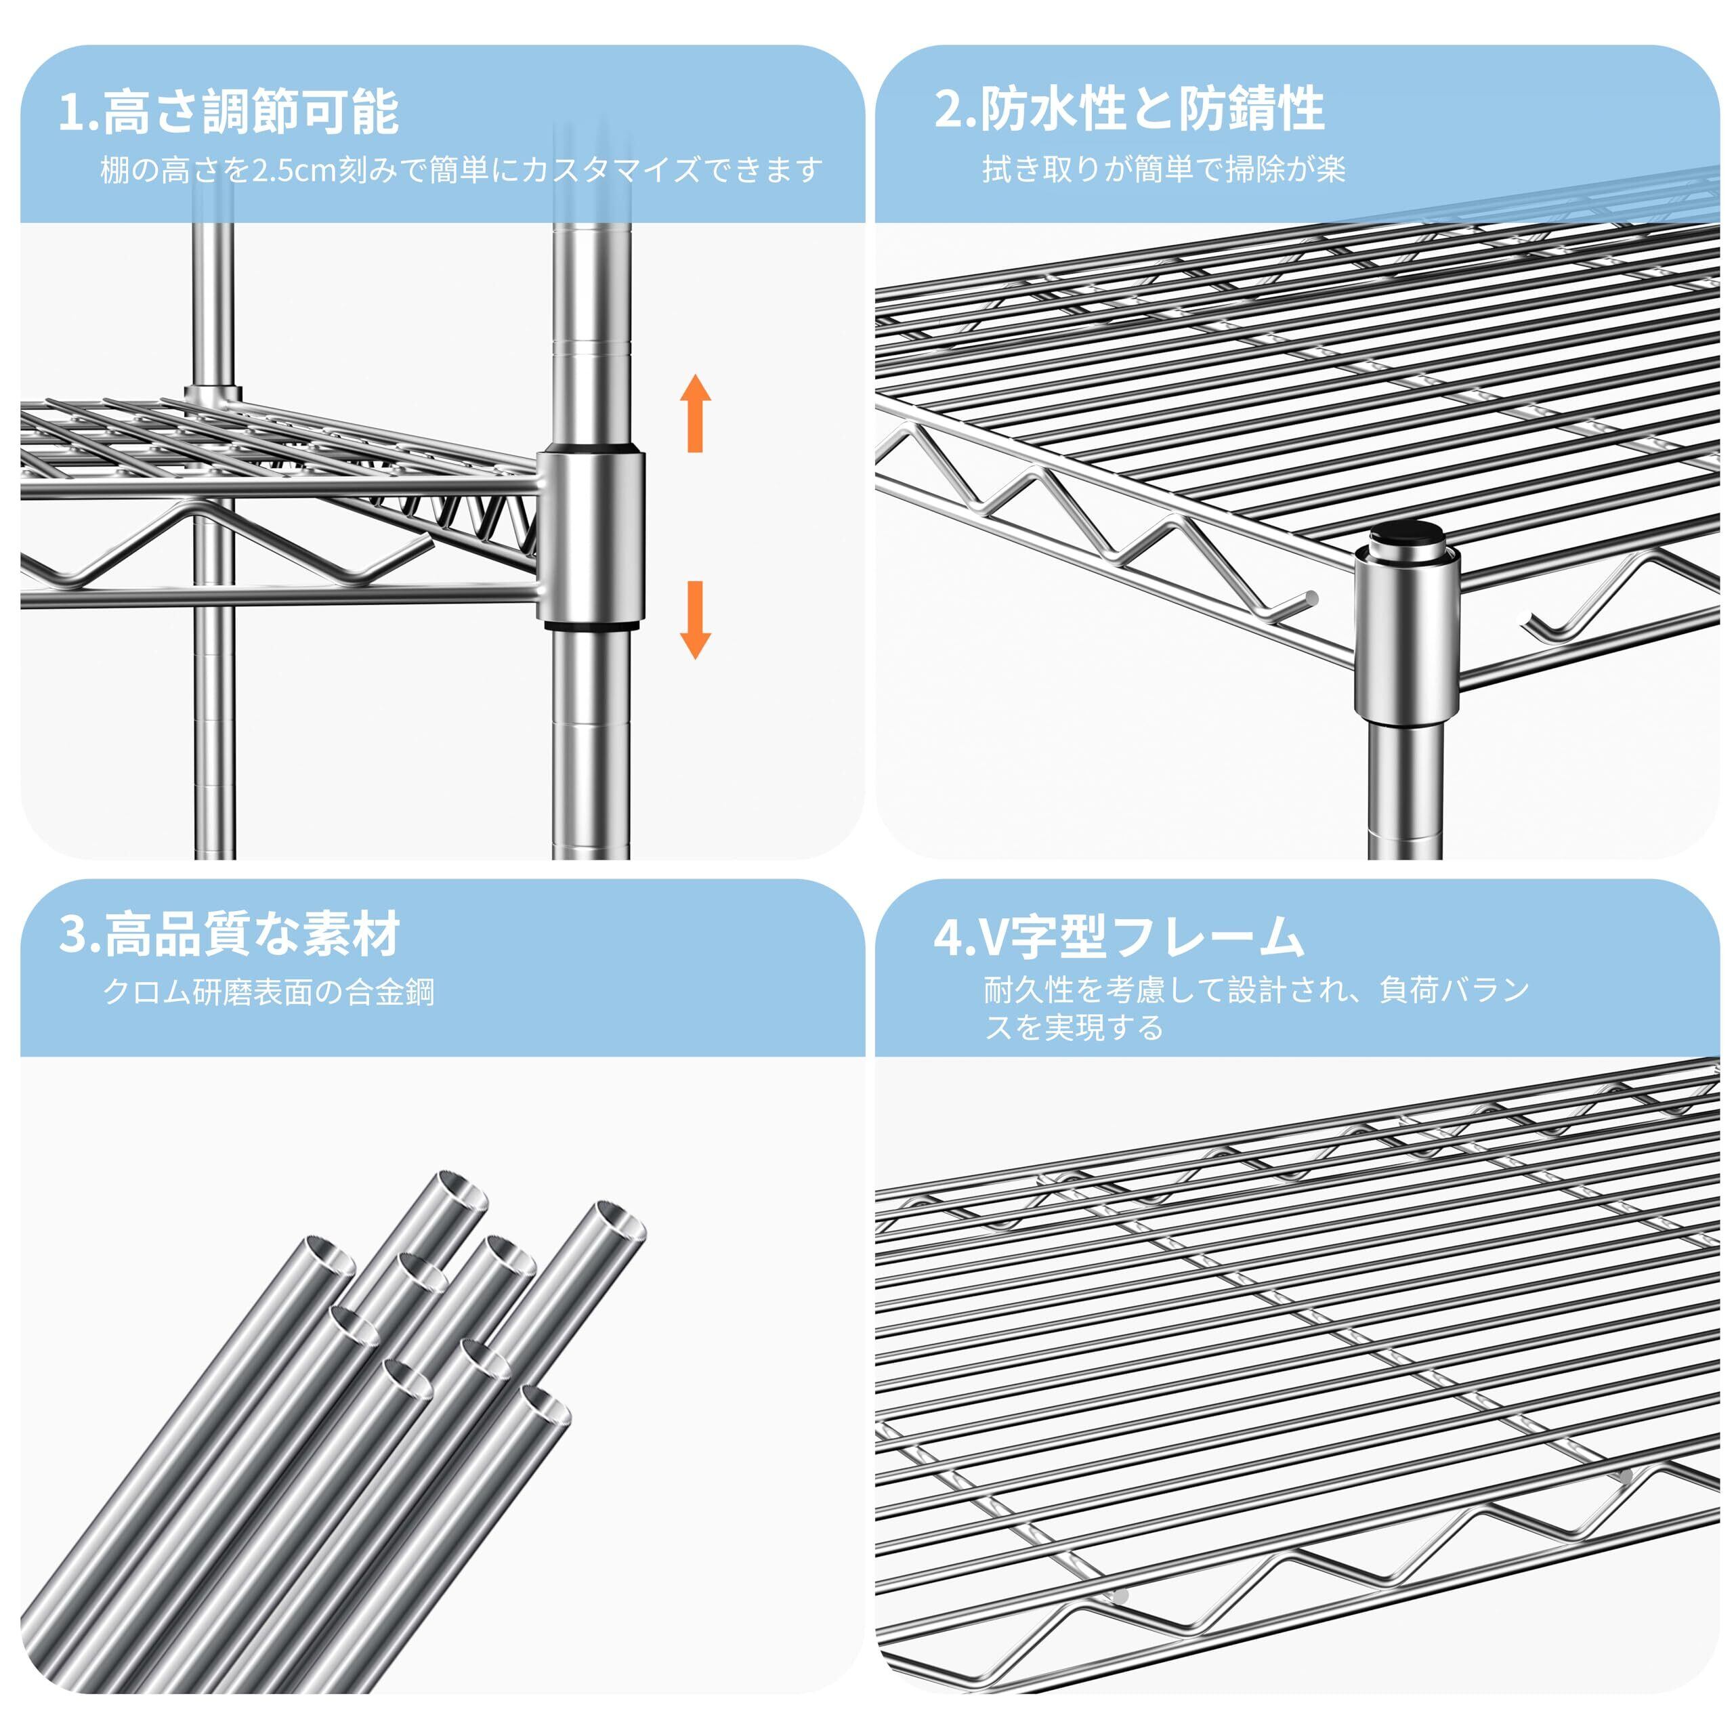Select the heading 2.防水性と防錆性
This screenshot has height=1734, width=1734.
point(1129,108)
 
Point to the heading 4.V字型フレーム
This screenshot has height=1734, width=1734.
point(1118,935)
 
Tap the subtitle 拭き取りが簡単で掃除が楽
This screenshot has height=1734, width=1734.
point(1164,169)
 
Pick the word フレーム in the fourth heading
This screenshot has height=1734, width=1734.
point(1210,936)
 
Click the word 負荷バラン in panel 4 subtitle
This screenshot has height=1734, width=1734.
point(1454,990)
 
